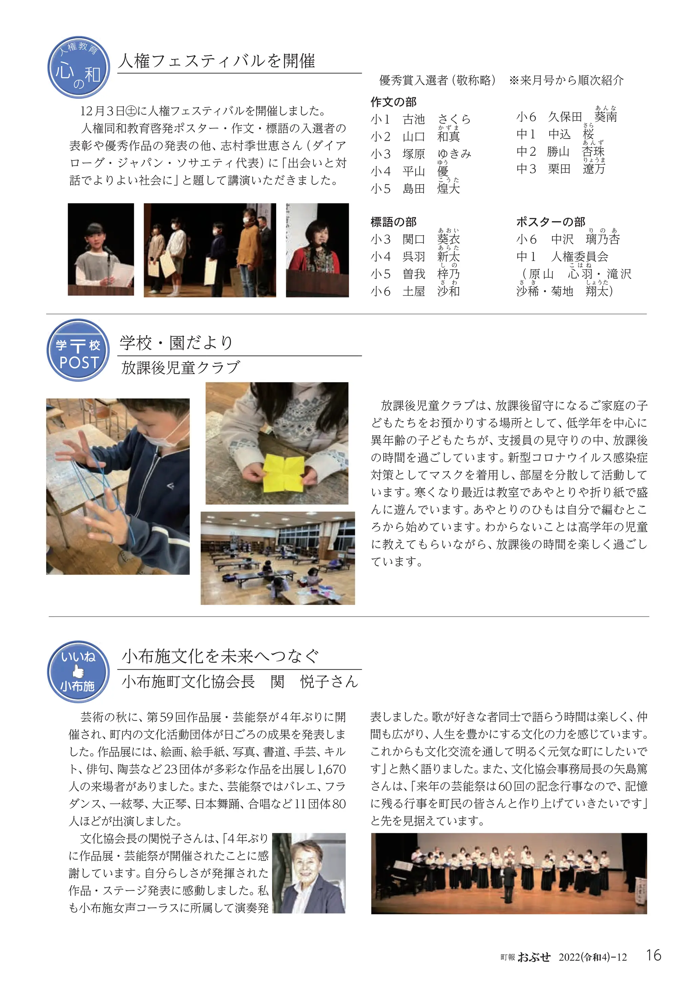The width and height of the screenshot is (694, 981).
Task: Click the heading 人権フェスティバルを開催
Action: (217, 61)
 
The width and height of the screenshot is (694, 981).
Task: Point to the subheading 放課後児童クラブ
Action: (181, 368)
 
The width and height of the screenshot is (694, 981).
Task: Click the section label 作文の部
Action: (393, 102)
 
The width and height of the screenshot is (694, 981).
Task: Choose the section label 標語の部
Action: (393, 222)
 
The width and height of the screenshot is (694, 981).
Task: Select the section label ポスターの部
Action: (550, 222)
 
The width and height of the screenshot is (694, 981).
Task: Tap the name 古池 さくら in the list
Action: (436, 119)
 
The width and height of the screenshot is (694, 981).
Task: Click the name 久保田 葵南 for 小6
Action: (582, 117)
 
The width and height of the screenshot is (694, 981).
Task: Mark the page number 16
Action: (654, 955)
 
